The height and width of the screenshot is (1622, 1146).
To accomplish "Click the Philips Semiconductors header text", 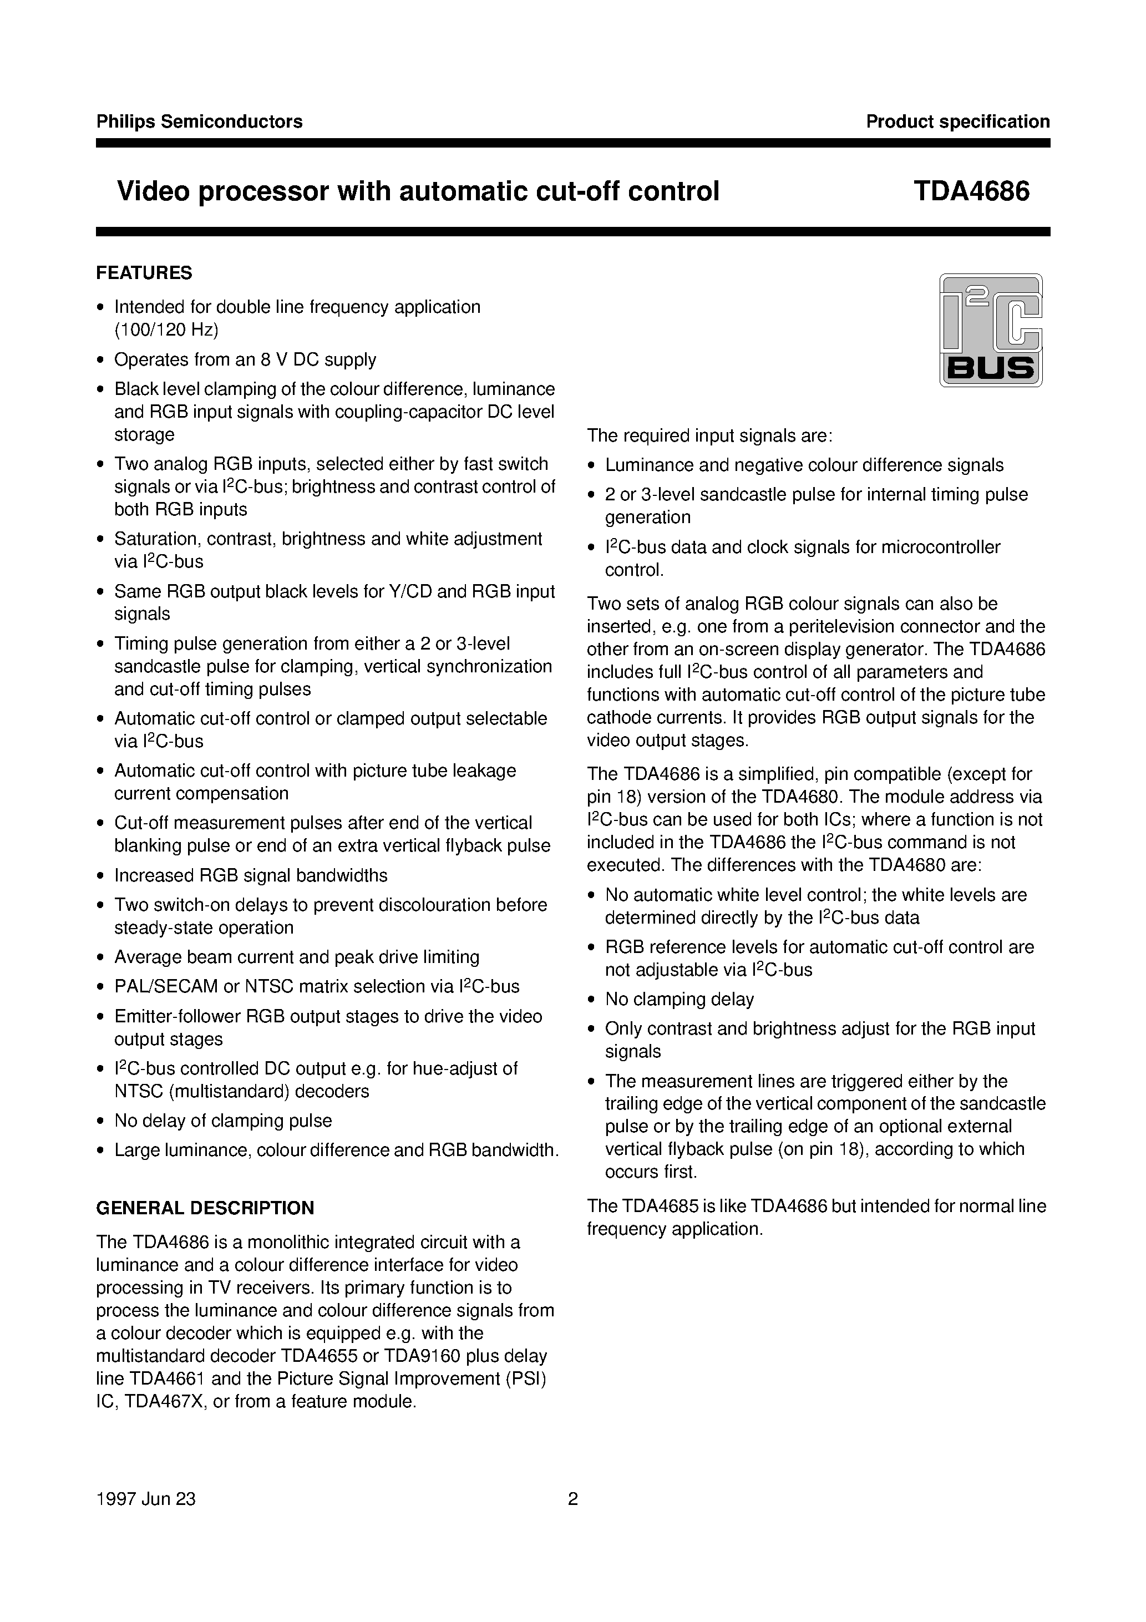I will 199,121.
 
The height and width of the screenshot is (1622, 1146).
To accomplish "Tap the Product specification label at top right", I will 957,121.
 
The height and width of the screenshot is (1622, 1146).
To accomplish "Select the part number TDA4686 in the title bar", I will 971,191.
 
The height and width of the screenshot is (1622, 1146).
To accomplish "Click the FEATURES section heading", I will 144,273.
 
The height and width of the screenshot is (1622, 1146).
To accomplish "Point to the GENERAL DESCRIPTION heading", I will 205,1208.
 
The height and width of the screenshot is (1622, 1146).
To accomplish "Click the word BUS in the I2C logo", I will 991,368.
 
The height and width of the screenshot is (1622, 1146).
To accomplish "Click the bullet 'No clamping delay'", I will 679,1000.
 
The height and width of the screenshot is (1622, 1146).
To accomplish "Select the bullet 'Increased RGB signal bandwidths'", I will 251,875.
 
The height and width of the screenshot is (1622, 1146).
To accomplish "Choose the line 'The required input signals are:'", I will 710,436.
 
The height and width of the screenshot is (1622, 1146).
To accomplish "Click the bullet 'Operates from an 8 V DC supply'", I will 245,359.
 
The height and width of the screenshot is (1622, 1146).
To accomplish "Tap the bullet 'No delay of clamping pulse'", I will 222,1121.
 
